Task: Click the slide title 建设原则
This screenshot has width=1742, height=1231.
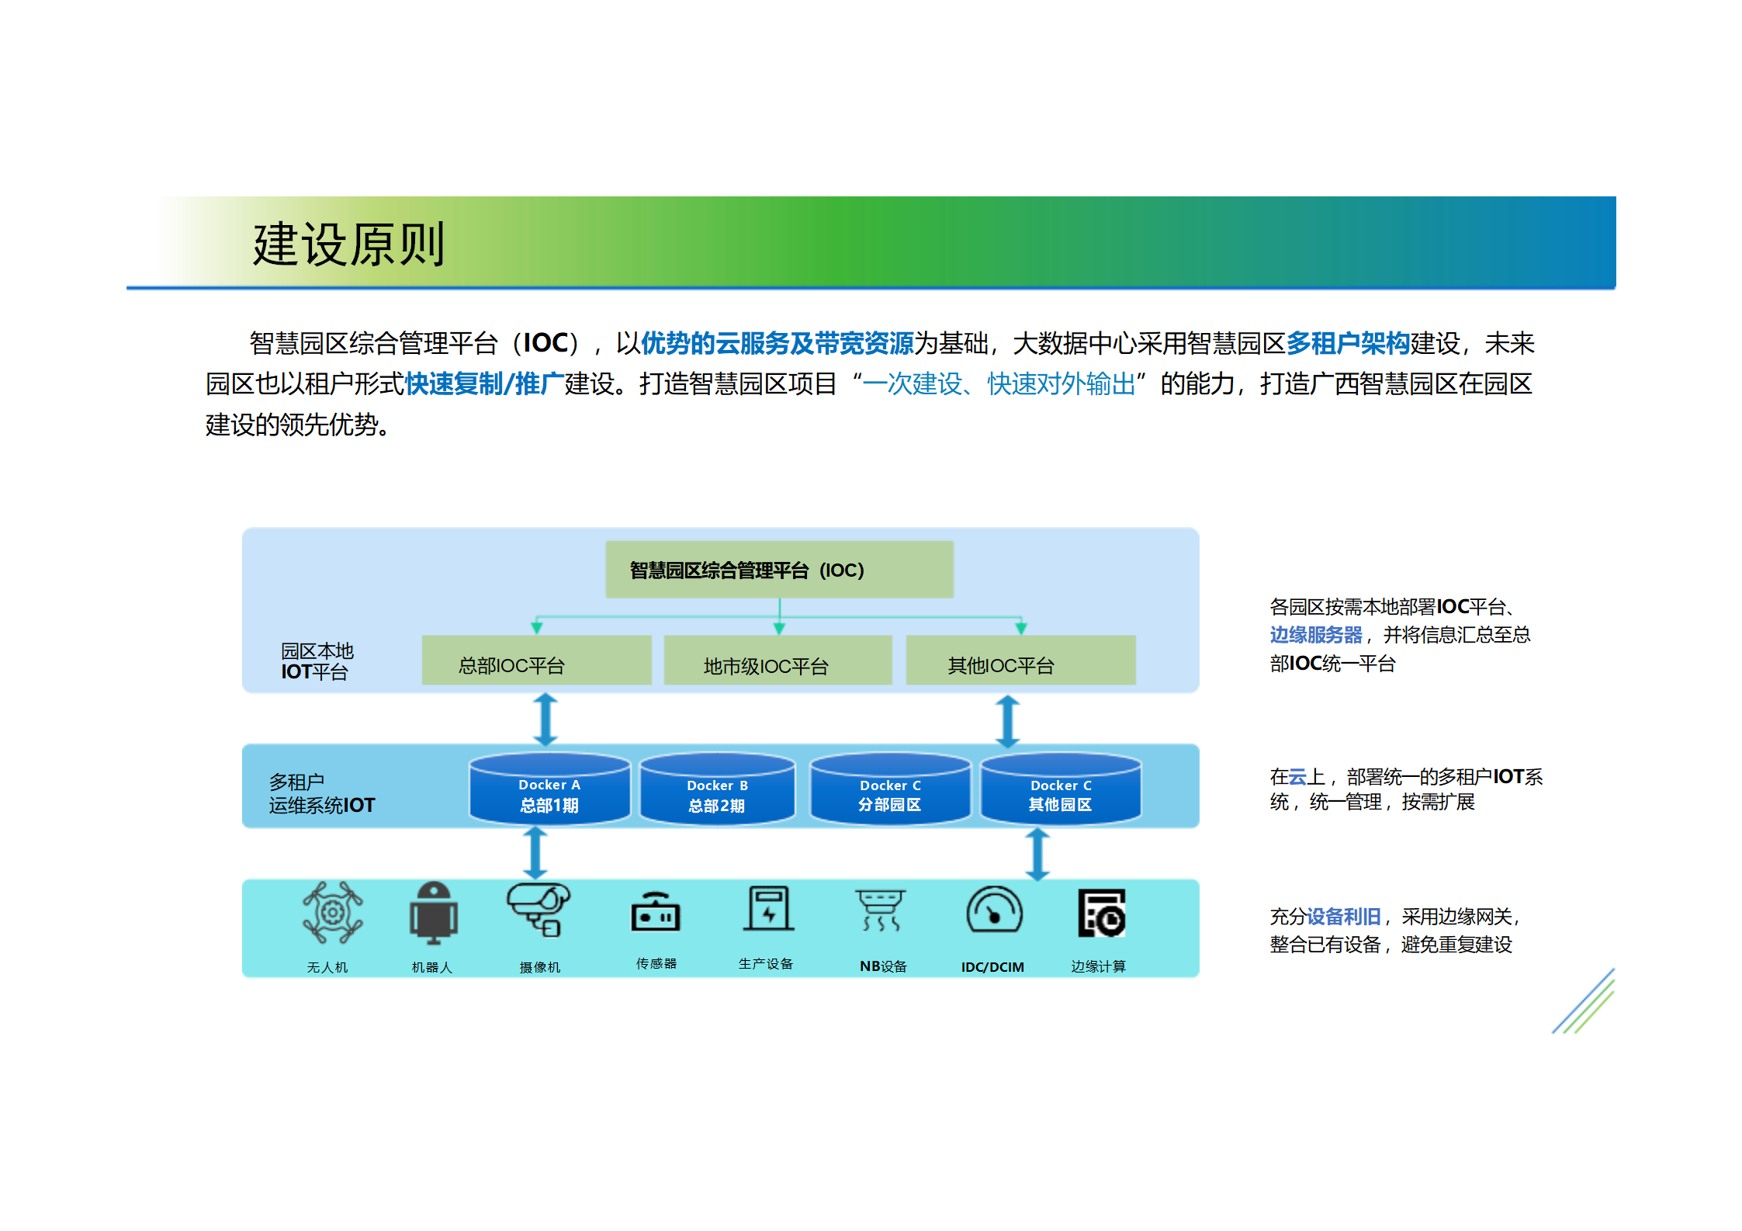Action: click(348, 244)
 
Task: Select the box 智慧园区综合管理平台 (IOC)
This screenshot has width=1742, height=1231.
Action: click(778, 570)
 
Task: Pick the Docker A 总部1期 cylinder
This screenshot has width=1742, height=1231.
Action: click(549, 790)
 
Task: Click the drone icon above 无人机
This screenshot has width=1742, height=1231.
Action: click(333, 912)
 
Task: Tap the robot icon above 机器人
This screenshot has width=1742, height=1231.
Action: click(433, 913)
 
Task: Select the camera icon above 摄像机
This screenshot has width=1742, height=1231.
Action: click(538, 910)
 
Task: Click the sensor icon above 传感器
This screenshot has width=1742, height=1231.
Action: click(656, 913)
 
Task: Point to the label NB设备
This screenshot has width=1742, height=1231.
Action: click(883, 966)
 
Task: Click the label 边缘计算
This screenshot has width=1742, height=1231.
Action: click(1098, 966)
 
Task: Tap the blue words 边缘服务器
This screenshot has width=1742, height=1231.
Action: click(1315, 635)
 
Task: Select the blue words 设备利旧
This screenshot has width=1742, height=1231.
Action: click(1344, 917)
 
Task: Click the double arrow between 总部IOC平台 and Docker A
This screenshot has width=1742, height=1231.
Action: click(545, 720)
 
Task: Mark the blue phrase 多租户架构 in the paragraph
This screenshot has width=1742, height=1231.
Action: click(1348, 343)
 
